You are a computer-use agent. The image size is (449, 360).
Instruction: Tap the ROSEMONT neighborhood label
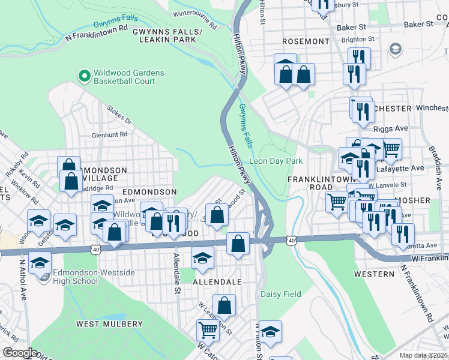click(x=306, y=41)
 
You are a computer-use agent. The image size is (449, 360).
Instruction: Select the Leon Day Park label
click(x=276, y=161)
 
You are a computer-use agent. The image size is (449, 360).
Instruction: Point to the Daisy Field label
click(x=280, y=295)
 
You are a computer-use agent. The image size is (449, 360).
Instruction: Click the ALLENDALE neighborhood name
click(x=217, y=281)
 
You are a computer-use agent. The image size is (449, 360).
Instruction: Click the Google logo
click(x=20, y=353)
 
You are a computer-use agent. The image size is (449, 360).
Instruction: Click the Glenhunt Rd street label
click(x=110, y=135)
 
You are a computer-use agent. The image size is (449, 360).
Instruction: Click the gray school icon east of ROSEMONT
click(x=396, y=48)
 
